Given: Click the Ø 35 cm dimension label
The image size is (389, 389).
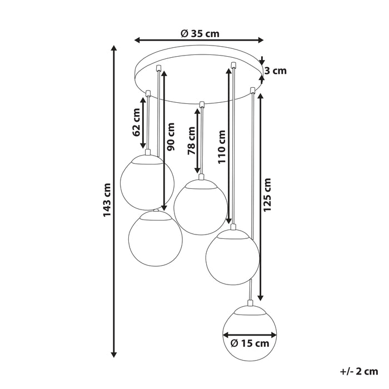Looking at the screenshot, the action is (200, 33).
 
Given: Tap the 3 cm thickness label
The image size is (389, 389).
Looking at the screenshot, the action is (276, 71).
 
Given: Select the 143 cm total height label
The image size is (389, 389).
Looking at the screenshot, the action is (107, 200).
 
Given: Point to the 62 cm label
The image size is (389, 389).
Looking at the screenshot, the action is (137, 125).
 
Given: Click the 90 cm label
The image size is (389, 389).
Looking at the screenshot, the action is (171, 137).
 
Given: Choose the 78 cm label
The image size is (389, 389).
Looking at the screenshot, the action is (191, 141).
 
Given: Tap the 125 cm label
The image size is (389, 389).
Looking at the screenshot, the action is (267, 194).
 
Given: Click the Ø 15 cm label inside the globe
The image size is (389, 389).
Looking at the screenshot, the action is (250, 343).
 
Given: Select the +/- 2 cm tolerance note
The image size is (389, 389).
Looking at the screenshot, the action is (359, 371).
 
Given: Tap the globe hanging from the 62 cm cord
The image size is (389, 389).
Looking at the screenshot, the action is (147, 182).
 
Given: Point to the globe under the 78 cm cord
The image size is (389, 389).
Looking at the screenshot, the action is (201, 207).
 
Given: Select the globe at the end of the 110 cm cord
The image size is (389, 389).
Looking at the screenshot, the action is (233, 257).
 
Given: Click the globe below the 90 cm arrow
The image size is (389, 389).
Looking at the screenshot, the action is (156, 238).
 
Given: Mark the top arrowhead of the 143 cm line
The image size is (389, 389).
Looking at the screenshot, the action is (114, 48).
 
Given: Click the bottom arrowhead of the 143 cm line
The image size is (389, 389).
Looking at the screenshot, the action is (114, 355).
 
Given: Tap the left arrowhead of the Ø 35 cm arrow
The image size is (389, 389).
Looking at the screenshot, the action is (137, 40).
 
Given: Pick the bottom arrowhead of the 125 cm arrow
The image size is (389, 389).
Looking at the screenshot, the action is (260, 297).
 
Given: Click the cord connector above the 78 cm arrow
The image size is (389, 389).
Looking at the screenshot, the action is (201, 104).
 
